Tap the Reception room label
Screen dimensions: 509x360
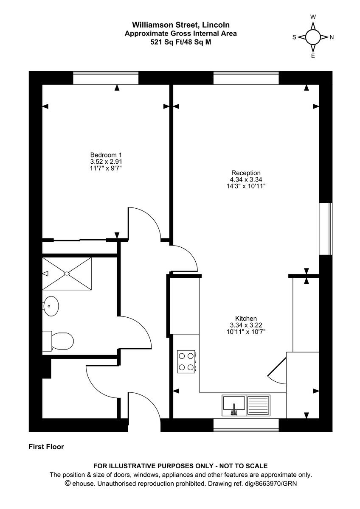coord(246,173)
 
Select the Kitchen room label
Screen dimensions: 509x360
coord(246,319)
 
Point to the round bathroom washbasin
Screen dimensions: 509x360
coord(51,305)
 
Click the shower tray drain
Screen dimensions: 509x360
coord(67,274)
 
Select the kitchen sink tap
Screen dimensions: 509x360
coord(233,409)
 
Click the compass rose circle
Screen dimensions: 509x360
coord(313,37)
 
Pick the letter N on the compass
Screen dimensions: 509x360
coord(332,37)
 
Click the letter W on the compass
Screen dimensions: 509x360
coord(313,17)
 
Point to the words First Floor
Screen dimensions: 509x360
coord(46,447)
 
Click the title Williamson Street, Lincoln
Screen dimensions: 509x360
coord(180,25)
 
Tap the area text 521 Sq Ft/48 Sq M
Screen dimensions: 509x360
coord(180,42)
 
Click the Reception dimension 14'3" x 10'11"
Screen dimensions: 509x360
coord(246,186)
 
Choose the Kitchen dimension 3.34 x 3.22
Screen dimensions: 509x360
coord(246,325)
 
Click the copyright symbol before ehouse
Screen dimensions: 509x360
coord(67,483)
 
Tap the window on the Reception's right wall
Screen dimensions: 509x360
coord(326,229)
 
